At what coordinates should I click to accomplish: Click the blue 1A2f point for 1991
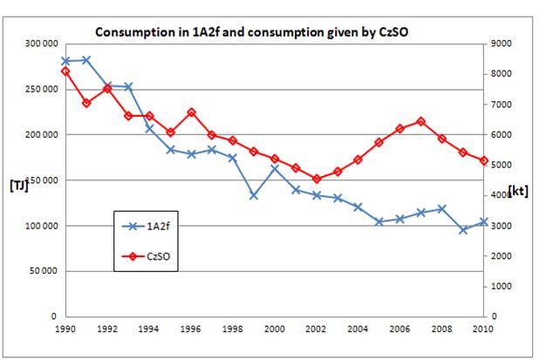(x=86, y=60)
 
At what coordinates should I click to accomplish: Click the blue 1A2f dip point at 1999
(x=253, y=195)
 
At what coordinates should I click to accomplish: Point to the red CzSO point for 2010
(x=483, y=160)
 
